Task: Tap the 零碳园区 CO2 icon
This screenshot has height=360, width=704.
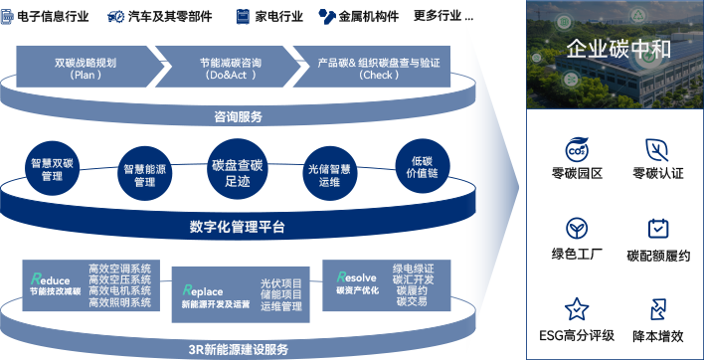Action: [576, 149]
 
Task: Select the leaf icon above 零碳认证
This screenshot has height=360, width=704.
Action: [657, 149]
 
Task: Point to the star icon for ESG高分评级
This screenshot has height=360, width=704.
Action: [576, 309]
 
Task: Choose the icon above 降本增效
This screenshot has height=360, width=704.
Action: [657, 309]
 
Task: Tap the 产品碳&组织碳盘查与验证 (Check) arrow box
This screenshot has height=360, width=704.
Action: [378, 69]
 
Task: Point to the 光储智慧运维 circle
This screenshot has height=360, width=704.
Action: [328, 176]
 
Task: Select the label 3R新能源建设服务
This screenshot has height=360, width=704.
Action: [238, 349]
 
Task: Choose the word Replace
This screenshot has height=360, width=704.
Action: [203, 290]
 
